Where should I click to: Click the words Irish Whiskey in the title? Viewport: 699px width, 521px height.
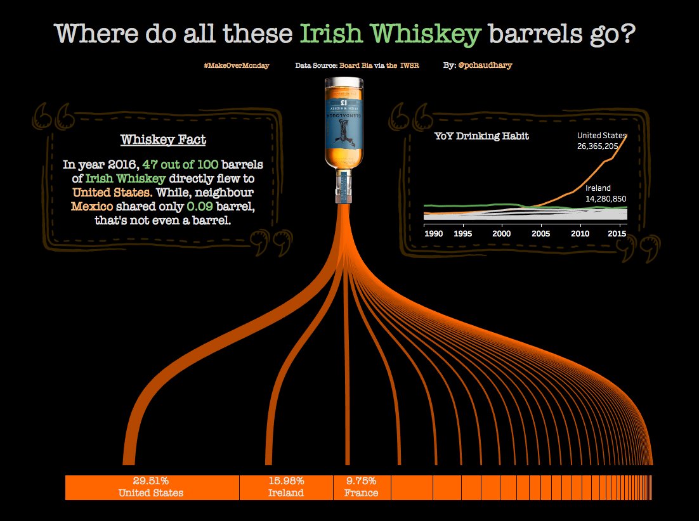[389, 34]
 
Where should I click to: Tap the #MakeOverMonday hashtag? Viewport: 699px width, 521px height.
[236, 65]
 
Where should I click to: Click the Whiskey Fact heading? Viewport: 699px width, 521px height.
[163, 140]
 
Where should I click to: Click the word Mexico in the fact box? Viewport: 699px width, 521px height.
[92, 207]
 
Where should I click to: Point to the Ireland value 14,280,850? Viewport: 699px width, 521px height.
[606, 199]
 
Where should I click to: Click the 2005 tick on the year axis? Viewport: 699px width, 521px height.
[540, 233]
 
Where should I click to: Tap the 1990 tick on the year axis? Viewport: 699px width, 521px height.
[433, 233]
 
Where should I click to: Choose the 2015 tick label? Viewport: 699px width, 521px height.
[618, 233]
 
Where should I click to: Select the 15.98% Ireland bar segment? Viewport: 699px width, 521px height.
[286, 487]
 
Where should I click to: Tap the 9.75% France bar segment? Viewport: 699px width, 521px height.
[362, 487]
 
